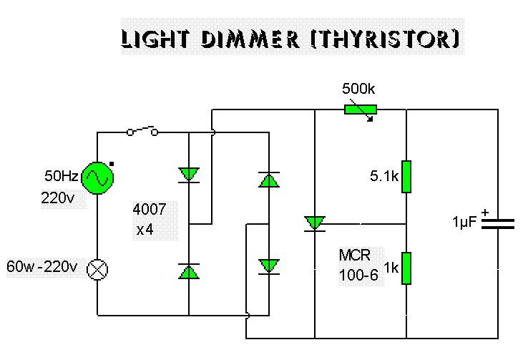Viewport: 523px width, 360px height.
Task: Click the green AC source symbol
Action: click(97, 177)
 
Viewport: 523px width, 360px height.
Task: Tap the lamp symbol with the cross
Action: click(97, 269)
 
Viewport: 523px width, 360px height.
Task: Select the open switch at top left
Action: click(142, 131)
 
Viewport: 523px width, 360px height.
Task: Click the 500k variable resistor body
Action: click(360, 110)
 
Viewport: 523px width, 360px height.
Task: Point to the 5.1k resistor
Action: click(406, 177)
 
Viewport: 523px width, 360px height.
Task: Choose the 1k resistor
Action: click(406, 268)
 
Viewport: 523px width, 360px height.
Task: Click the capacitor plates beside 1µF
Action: click(498, 224)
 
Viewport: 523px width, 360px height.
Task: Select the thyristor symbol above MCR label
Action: click(315, 223)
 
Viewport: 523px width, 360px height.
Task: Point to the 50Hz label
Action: click(62, 176)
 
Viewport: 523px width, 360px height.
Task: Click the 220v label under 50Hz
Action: click(58, 198)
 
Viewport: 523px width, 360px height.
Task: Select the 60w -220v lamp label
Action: click(42, 266)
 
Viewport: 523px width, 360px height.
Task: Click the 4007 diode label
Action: click(150, 209)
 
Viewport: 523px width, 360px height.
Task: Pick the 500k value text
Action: click(358, 89)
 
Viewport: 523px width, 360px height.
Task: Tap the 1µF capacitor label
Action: click(464, 222)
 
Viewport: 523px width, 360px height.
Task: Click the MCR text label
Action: click(355, 256)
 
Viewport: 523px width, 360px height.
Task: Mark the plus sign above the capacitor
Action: click(485, 212)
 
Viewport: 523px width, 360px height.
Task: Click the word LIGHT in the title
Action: click(155, 39)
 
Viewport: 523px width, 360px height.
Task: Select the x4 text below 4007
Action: click(145, 230)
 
